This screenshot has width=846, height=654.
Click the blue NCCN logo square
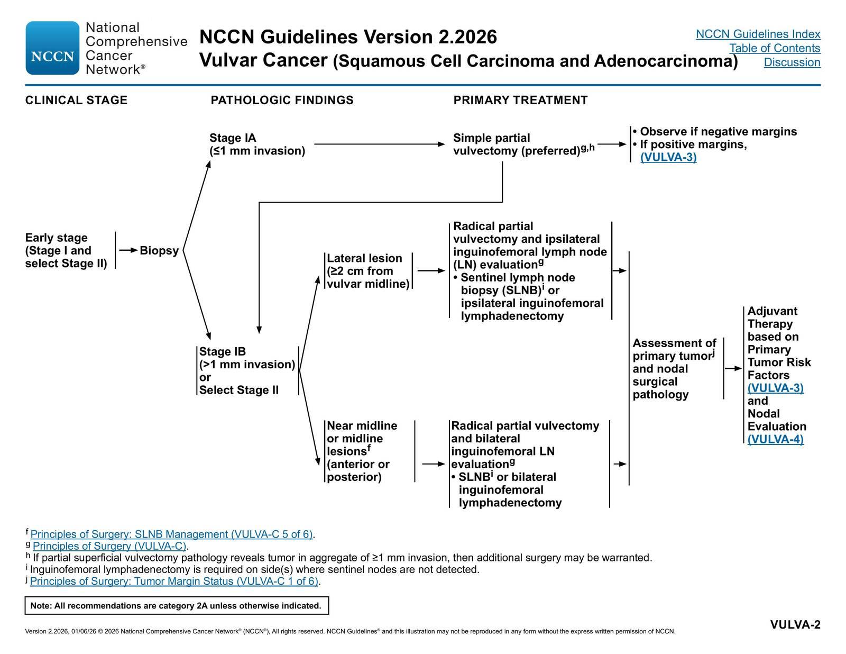52,48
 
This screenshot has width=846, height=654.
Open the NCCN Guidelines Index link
758,34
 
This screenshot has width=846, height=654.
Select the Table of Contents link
775,48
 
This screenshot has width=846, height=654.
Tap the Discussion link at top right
792,62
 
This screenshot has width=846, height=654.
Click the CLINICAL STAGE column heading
76,100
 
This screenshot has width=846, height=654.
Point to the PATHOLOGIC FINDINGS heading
282,100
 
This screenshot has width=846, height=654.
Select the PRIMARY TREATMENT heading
520,100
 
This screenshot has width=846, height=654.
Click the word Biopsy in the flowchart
159,250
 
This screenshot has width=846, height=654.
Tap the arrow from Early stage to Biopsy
128,250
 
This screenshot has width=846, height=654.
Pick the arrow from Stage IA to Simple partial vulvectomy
379,144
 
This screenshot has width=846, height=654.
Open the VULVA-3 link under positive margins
668,157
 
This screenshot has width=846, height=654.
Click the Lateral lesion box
369,271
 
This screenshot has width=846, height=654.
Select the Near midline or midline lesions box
370,451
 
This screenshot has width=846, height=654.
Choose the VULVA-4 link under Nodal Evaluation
775,439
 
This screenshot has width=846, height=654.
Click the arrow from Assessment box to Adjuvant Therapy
733,368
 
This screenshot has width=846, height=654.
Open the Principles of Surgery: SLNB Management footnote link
172,534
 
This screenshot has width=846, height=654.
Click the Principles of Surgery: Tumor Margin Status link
174,581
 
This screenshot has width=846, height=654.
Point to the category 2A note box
177,606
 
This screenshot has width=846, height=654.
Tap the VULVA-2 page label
795,625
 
